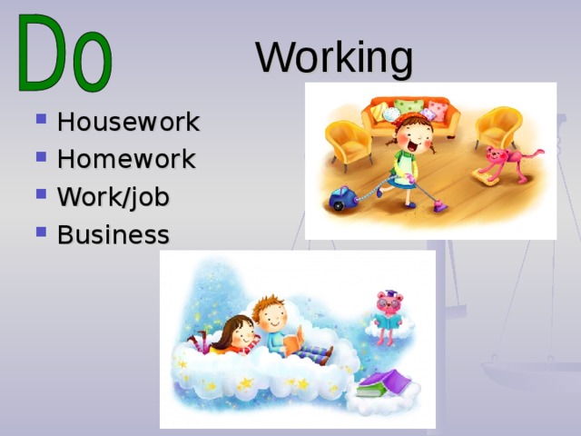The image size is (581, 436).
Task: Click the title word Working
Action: pyautogui.click(x=334, y=58)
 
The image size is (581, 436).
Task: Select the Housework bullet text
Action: pyautogui.click(x=129, y=121)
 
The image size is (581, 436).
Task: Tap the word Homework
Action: pyautogui.click(x=126, y=159)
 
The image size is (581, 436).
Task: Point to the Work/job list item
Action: pyautogui.click(x=113, y=197)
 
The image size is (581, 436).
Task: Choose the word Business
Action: pyautogui.click(x=113, y=234)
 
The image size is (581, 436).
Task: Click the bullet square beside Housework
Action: pyautogui.click(x=41, y=119)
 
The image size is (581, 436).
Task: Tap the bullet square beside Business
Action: pyautogui.click(x=41, y=232)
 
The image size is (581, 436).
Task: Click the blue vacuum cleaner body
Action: pyautogui.click(x=342, y=198)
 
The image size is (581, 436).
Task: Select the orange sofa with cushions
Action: pyautogui.click(x=410, y=114)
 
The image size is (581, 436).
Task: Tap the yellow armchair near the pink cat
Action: pyautogui.click(x=498, y=127)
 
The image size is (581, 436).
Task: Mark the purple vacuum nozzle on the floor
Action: pyautogui.click(x=439, y=206)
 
